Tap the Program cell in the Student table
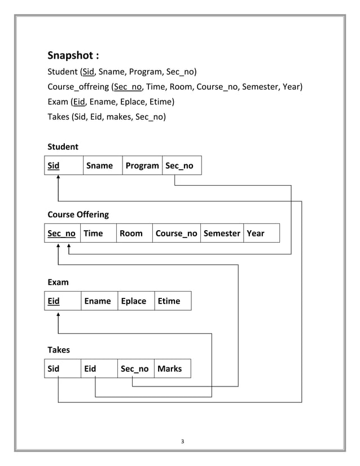point(142,165)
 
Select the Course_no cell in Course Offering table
point(176,233)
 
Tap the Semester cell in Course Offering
point(221,233)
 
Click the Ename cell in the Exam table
point(98,301)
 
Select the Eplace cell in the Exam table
point(134,301)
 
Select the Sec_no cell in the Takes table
point(135,368)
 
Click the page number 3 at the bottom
point(182,441)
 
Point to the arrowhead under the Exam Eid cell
point(58,314)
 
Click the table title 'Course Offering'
point(78,214)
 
